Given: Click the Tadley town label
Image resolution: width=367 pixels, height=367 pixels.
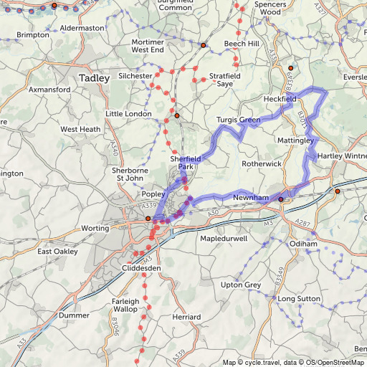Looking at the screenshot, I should click(x=95, y=77).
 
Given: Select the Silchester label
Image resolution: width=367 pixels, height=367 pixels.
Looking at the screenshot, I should click(x=135, y=75).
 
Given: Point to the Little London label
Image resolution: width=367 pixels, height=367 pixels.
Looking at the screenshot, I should click(x=128, y=114).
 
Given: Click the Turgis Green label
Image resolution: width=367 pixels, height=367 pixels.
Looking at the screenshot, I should click(x=238, y=120).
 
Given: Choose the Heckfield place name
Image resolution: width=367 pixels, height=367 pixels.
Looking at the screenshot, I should click(x=280, y=97).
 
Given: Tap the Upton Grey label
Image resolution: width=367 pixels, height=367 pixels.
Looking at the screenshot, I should click(x=242, y=285).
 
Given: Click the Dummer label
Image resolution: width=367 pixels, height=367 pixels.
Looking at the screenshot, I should click(x=73, y=315).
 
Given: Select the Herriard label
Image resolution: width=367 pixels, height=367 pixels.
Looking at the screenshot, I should click(x=186, y=316).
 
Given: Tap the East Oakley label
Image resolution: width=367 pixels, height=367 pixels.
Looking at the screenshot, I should click(x=57, y=252).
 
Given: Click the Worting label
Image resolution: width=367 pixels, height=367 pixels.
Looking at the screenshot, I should click(x=95, y=228).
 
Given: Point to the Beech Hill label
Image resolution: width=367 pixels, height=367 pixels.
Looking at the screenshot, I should click(x=242, y=44).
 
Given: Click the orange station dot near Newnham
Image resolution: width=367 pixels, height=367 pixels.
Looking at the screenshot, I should click(x=281, y=199).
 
